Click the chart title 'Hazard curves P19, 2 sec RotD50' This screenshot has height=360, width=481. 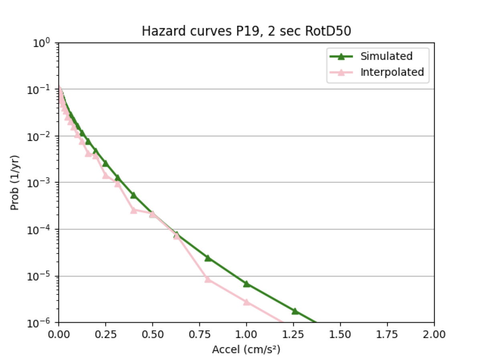(x=246, y=31)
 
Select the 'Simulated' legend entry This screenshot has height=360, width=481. (x=386, y=56)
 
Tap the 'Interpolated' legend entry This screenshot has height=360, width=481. (x=392, y=72)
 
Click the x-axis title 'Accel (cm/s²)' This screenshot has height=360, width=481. (x=246, y=350)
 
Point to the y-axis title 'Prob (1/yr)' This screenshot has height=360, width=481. (x=15, y=183)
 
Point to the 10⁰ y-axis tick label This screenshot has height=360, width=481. (x=45, y=42)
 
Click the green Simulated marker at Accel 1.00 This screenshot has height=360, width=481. (x=246, y=284)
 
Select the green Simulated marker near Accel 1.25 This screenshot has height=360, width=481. (x=295, y=311)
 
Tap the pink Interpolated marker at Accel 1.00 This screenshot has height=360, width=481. (x=246, y=302)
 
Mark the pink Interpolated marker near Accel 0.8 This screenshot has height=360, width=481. (x=208, y=279)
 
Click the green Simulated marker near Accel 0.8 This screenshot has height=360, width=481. (x=208, y=258)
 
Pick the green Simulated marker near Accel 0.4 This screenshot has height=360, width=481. (x=134, y=195)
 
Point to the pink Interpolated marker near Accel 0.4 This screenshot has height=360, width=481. (x=134, y=210)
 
